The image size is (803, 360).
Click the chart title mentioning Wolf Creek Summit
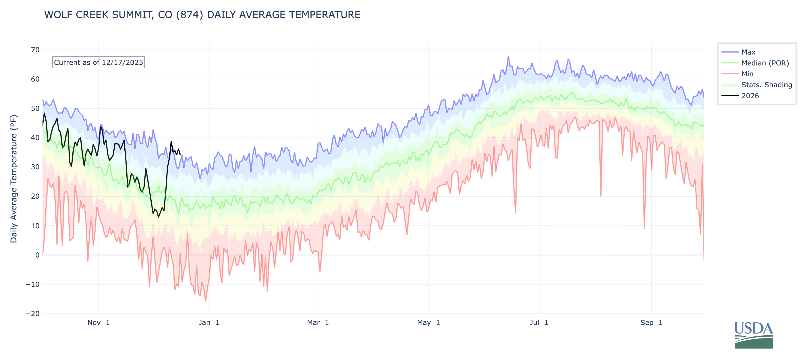coord(202,15)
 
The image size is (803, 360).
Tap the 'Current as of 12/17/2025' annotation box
coord(98,62)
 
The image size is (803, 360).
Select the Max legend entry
coord(748,52)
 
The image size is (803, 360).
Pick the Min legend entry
coord(747,74)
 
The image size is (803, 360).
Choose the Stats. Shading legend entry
coord(766,85)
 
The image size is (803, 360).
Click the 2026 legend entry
coord(750,96)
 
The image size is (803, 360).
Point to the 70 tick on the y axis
coord(35,50)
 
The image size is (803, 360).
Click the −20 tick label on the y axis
coord(33,313)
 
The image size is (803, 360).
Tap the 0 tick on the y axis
coord(37,255)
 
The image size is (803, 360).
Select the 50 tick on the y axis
coord(35,109)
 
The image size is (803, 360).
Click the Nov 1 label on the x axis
coord(99,323)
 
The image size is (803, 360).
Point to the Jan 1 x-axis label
coord(209,323)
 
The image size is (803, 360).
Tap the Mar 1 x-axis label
coord(318,323)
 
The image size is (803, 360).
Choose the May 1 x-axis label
coord(428,323)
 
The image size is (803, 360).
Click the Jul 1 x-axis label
coord(539,323)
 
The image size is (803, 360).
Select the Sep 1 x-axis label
coord(651,323)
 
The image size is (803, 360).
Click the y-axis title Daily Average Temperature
coord(14,179)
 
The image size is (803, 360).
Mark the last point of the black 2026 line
coord(180,155)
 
